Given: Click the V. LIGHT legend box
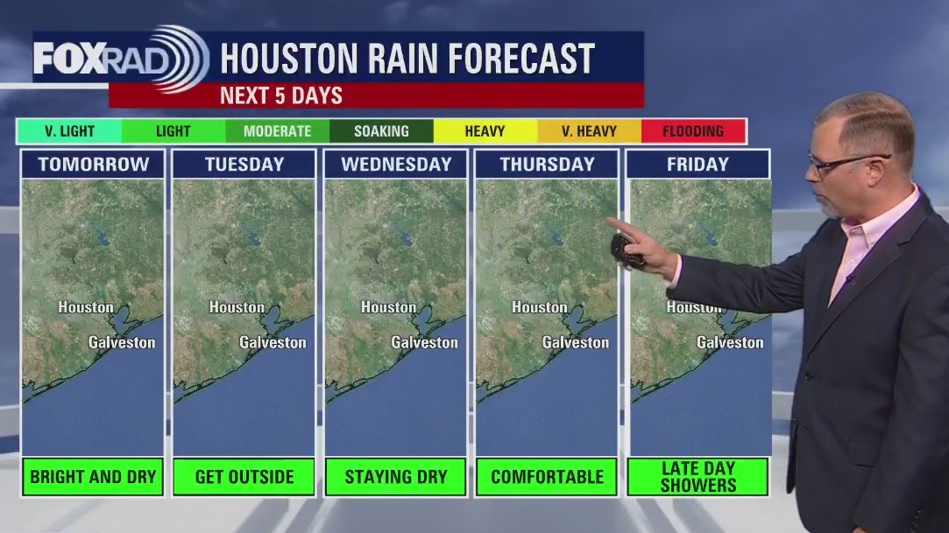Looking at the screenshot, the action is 69,131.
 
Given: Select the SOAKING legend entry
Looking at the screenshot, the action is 381,131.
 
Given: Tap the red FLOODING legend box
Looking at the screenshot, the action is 693,131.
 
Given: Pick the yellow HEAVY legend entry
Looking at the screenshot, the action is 485,131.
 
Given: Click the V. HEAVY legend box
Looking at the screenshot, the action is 589,131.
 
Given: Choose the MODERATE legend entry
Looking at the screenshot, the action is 277,131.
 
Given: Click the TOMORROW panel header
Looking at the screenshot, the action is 93,164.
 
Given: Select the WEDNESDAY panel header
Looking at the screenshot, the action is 395,164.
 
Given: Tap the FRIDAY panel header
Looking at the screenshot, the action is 698,164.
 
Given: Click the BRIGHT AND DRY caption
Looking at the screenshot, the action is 93,477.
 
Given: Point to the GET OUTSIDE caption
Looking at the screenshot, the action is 244,477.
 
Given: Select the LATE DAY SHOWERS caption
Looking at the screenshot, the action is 698,477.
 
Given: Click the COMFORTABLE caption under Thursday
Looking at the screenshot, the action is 547,477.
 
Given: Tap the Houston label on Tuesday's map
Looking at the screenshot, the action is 237,307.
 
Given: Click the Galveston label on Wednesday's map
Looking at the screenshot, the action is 424,342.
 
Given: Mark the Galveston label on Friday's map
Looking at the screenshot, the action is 730,342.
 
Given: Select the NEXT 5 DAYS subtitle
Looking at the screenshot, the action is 281,95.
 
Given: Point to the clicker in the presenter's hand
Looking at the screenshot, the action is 626,250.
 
